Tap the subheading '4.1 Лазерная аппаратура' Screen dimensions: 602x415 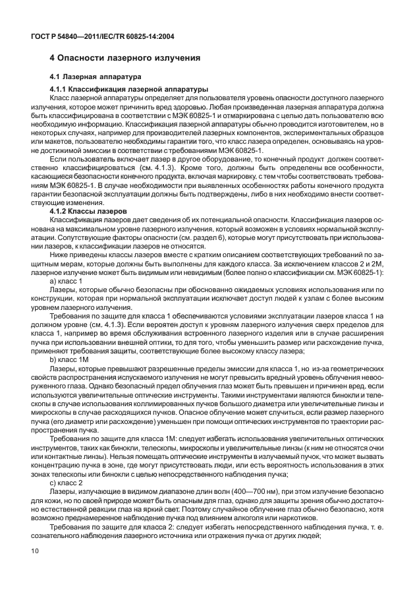click(92, 77)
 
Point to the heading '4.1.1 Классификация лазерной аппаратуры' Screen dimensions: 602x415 click(129, 89)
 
